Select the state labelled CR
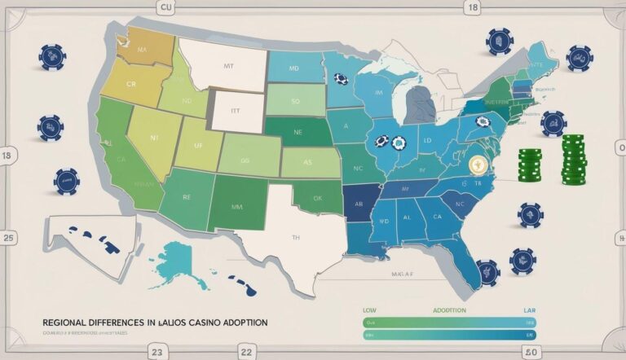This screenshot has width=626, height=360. click(131, 84)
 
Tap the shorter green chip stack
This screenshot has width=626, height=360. click(529, 165)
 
